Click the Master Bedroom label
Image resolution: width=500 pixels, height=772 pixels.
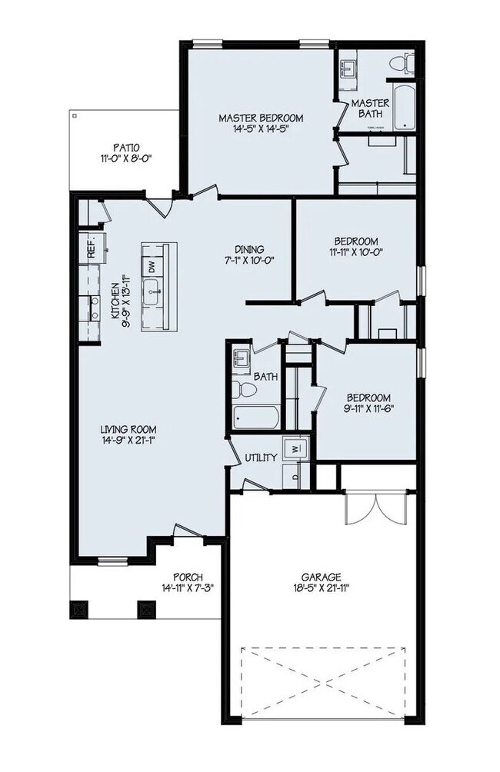[261, 118]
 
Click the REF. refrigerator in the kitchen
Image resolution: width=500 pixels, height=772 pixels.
[92, 249]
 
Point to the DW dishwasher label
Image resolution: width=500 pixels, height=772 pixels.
[152, 268]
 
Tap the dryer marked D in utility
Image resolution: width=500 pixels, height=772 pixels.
[294, 474]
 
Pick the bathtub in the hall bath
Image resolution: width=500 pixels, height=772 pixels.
[257, 418]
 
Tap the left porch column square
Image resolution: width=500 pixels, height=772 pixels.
[78, 609]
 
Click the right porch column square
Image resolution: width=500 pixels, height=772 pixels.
[145, 609]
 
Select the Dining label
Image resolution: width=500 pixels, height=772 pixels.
[250, 249]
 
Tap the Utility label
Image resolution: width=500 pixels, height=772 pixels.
[261, 458]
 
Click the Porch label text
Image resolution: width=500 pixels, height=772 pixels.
[188, 577]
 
